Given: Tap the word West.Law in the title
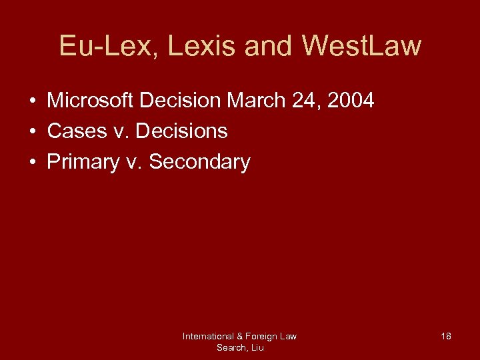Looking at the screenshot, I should (361, 46).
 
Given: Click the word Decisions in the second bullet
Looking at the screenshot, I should (181, 131).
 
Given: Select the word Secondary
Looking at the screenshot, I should (199, 162).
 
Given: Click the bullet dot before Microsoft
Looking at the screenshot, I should (32, 102).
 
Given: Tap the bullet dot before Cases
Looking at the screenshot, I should (32, 132).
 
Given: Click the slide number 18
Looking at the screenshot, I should (446, 337).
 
